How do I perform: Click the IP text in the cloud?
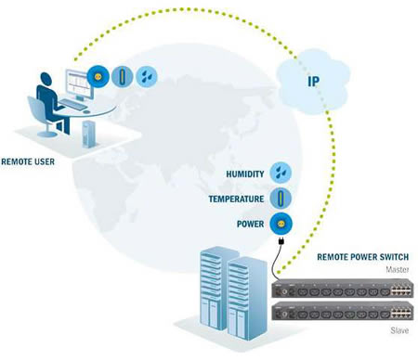313,81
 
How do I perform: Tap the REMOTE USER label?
28,161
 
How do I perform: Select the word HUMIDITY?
245,174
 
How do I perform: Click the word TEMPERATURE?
236,199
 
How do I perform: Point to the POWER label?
250,224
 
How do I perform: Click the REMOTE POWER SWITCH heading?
363,257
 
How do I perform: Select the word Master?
398,270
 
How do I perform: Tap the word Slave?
399,330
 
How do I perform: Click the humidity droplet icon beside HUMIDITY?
281,173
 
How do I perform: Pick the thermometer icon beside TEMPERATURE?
281,198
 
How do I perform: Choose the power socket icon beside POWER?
281,224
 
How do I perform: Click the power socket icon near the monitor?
98,76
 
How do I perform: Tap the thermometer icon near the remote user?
123,76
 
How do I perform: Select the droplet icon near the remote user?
147,76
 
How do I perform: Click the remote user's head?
45,79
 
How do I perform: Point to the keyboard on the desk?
73,104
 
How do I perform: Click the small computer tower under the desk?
89,135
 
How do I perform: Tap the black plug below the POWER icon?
281,240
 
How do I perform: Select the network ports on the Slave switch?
401,312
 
